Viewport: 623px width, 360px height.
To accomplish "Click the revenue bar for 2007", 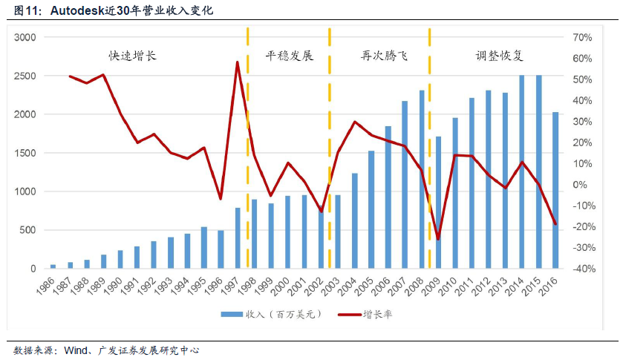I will point(405,185).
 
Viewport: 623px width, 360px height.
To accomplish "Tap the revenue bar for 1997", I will point(238,238).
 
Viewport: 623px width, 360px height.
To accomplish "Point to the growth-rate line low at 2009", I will point(438,239).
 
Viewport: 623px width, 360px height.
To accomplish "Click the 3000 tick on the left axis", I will point(25,38).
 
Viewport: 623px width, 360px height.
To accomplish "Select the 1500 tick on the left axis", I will point(25,154).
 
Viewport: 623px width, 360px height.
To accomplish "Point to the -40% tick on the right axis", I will point(581,269).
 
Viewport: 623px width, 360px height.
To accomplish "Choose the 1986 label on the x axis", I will point(47,285).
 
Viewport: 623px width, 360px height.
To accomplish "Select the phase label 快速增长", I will point(133,56).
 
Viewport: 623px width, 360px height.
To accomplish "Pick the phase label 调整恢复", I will point(500,56).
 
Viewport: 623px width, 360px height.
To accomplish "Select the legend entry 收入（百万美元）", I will point(275,315).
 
